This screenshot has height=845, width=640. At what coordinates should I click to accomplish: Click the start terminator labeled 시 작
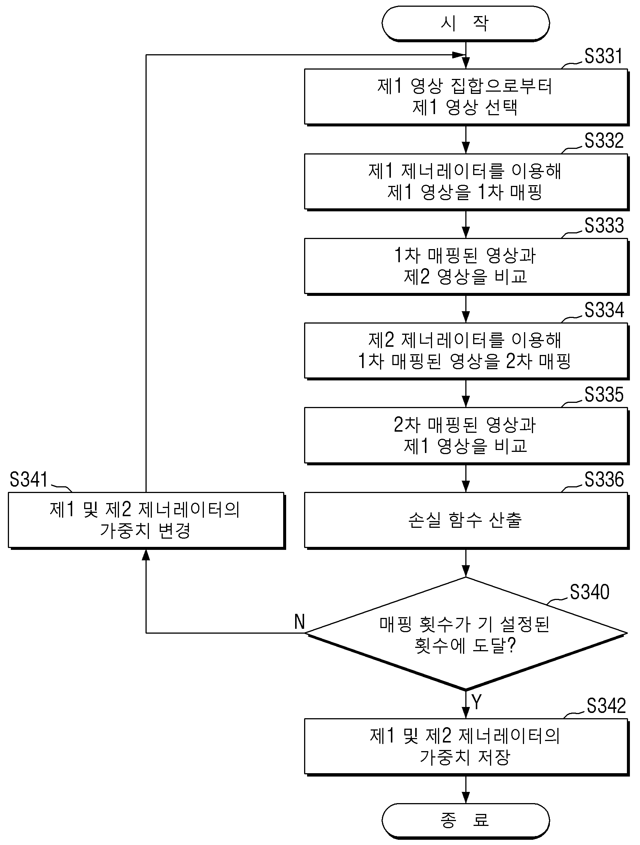(465, 23)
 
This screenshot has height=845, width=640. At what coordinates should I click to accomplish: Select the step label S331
(604, 56)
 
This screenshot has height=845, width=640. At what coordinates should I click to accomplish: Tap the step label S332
(604, 141)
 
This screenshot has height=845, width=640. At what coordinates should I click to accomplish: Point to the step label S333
(604, 226)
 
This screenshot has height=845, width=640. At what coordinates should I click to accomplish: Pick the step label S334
(604, 310)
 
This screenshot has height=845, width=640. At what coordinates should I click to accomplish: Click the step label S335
(604, 395)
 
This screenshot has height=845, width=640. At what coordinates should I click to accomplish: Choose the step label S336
(604, 480)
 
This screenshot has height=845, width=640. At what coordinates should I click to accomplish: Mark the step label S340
(590, 592)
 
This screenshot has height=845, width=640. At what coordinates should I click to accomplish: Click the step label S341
(29, 480)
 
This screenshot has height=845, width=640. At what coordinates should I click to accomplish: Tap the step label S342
(606, 705)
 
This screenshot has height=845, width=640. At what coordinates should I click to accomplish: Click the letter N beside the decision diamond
(300, 622)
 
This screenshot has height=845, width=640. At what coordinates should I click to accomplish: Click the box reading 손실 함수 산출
(466, 520)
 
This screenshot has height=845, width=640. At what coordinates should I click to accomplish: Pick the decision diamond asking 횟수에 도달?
(466, 633)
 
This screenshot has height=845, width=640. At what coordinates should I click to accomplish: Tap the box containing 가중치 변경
(147, 520)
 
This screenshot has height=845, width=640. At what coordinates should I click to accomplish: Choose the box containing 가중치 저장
(466, 747)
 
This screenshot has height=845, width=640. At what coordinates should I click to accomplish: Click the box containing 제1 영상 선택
(466, 97)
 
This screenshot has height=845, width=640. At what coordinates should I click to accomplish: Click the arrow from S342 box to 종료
(466, 789)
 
